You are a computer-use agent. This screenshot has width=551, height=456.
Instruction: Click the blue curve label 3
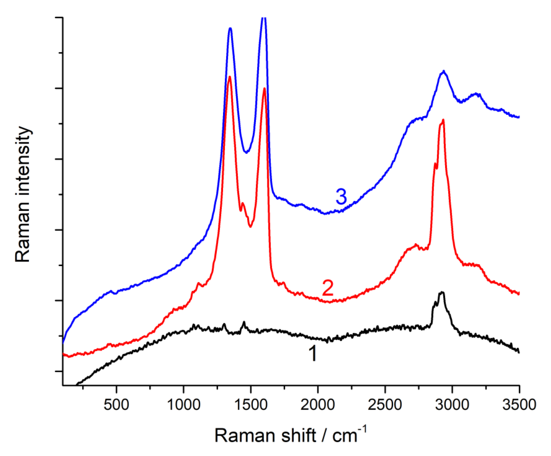tap(341, 197)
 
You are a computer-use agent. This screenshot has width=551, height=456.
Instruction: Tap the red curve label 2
tap(328, 288)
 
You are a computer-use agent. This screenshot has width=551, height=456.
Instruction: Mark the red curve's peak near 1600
tap(264, 88)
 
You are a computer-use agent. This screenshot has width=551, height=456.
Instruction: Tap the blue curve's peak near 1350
tap(230, 28)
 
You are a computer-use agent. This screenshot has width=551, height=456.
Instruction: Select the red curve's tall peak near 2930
tap(443, 120)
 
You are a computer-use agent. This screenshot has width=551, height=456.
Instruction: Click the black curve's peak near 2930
tap(442, 292)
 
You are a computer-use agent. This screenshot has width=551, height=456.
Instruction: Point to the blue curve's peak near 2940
tap(444, 71)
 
